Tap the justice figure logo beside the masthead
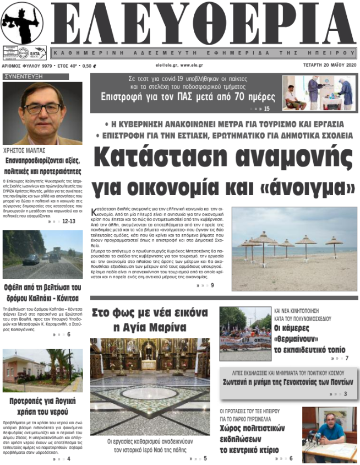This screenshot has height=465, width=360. [21, 22]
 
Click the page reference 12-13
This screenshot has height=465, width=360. [69, 221]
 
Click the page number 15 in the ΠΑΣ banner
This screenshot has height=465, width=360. [267, 109]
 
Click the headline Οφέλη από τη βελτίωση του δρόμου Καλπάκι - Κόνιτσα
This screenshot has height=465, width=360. [43, 293]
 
